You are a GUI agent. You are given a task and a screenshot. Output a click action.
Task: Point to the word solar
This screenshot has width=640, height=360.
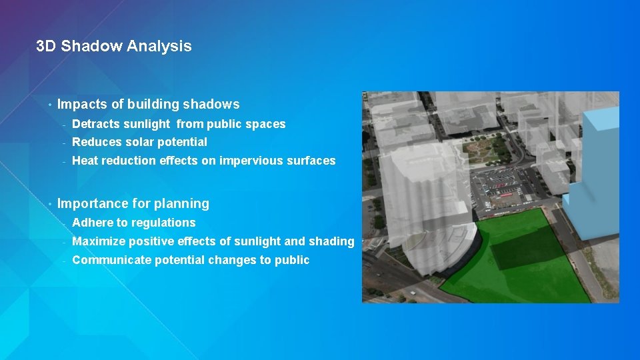click(140, 142)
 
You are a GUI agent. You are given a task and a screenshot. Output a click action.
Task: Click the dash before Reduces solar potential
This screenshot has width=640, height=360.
click(64, 142)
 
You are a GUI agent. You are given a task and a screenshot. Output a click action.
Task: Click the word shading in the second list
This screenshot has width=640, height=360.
click(331, 241)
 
